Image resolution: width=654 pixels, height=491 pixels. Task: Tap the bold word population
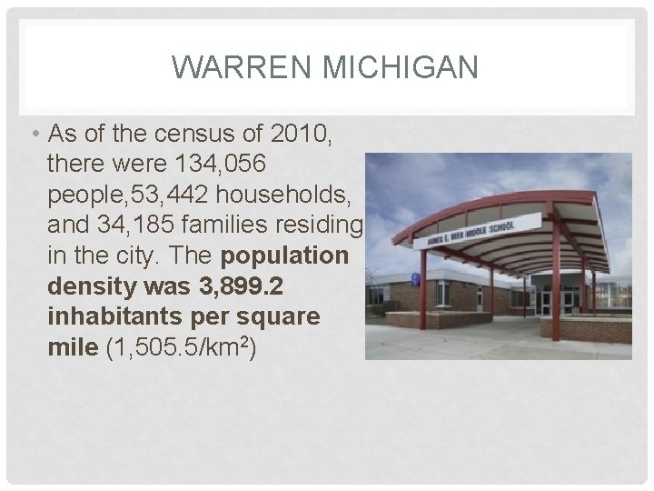tap(285, 256)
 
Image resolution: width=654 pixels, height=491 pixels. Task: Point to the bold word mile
tap(70, 346)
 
